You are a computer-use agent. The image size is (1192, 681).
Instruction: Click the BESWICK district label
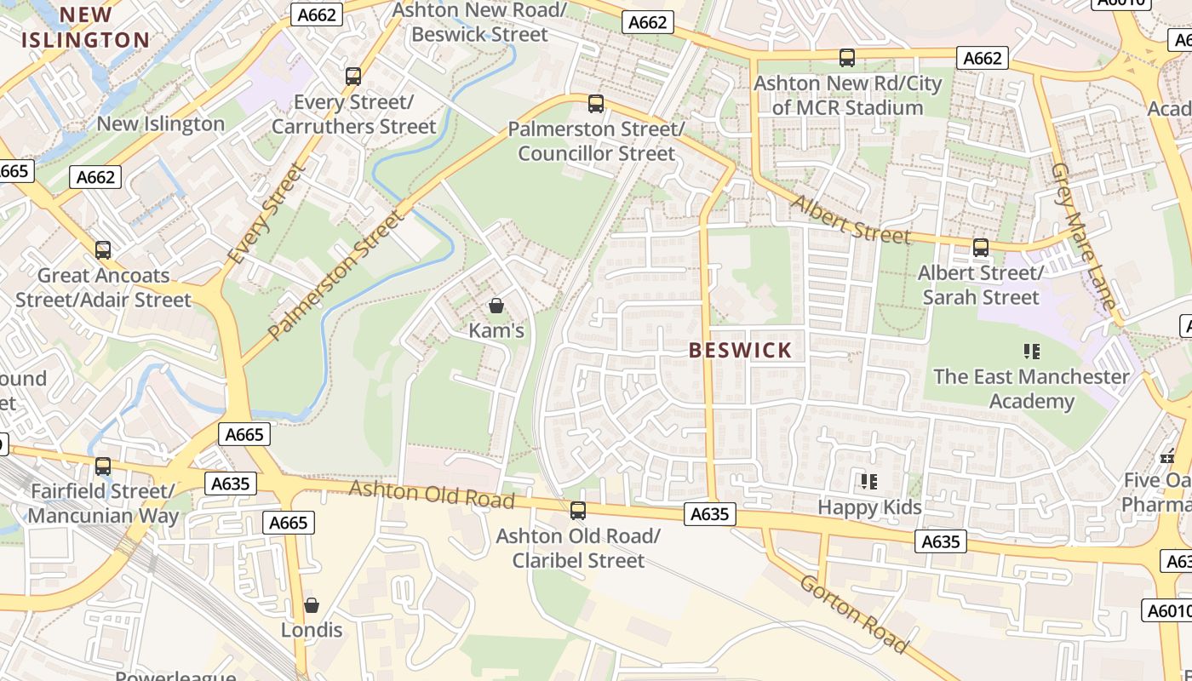tap(740, 350)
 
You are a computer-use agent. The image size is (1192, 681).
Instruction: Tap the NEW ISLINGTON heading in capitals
tap(86, 27)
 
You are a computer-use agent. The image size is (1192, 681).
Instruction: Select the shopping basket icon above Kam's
tap(496, 305)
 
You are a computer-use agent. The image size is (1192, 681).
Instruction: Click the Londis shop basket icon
tap(312, 604)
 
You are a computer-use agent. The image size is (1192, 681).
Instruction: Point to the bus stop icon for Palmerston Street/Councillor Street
tap(596, 104)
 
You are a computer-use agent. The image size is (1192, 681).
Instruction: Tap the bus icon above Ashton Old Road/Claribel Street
tap(578, 511)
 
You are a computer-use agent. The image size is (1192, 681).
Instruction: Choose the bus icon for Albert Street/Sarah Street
tap(981, 248)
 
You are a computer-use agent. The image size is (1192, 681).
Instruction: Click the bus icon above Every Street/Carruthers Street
tap(353, 77)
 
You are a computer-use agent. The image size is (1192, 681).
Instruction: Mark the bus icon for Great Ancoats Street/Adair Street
tap(103, 250)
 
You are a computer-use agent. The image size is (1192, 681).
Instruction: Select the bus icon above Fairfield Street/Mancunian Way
tap(103, 466)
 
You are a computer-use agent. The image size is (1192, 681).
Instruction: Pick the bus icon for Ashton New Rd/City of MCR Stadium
tap(847, 58)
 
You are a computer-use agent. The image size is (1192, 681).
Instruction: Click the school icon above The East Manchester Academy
tap(1032, 351)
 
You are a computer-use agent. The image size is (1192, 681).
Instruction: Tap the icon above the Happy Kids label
tap(869, 482)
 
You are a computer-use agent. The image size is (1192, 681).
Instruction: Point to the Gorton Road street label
tap(854, 613)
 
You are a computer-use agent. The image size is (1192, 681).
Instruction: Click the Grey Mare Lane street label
tap(1083, 236)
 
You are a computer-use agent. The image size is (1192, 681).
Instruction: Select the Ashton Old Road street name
tap(432, 494)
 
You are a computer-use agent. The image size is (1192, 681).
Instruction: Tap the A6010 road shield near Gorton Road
tap(1166, 610)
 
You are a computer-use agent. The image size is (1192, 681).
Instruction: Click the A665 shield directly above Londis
tap(289, 523)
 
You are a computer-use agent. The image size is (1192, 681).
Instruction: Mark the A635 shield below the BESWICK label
tap(709, 514)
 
